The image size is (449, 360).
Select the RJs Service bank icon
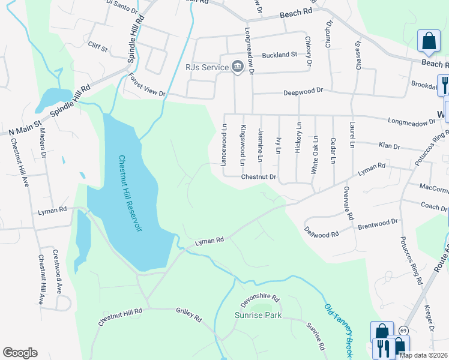click(x=237, y=66)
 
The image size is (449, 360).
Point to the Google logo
click(x=20, y=353)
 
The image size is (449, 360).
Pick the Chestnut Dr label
click(x=258, y=177)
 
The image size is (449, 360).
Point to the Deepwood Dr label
click(x=303, y=91)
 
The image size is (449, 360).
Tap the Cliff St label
click(x=97, y=46)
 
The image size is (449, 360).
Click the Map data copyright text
click(x=423, y=355)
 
